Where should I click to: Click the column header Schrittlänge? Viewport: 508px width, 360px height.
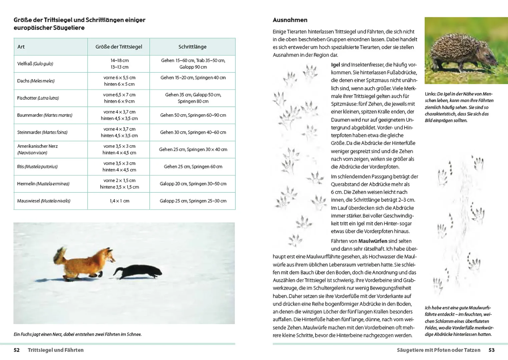point(192,47)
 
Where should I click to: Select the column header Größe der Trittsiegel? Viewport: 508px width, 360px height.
point(118,47)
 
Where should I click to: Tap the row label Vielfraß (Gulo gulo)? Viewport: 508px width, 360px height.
point(35,64)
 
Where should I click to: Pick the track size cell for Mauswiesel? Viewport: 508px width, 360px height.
point(119,201)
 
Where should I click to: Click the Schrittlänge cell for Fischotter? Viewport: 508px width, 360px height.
point(193,98)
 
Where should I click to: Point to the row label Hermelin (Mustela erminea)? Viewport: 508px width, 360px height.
point(43,184)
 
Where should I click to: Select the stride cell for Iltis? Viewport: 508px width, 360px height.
point(193,167)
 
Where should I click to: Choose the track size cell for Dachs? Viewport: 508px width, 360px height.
point(119,81)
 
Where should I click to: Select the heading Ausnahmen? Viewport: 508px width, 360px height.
point(290,20)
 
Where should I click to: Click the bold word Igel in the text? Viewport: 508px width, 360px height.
point(335,65)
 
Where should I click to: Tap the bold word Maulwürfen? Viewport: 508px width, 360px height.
point(373,241)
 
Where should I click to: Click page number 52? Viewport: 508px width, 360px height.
point(17,350)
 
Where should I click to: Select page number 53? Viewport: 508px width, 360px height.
point(491,350)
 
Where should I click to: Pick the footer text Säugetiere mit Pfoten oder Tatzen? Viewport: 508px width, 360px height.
point(438,350)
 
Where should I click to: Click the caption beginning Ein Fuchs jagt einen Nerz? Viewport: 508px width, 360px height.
point(77,334)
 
